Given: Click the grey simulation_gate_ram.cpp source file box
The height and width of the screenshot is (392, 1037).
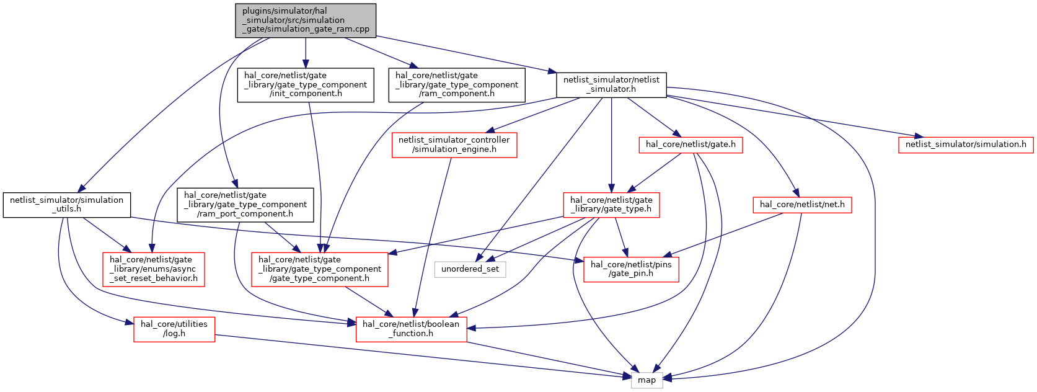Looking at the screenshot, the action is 306,20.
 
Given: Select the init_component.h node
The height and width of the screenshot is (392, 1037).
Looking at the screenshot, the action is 306,85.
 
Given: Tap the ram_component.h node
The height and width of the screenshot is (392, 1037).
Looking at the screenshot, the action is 457,85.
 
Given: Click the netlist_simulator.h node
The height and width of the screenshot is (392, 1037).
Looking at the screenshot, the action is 611,85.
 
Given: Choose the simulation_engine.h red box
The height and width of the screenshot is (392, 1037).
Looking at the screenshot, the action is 454,145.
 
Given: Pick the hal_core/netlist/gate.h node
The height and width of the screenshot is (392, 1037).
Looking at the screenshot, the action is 691,145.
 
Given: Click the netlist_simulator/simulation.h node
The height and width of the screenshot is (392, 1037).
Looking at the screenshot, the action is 966,145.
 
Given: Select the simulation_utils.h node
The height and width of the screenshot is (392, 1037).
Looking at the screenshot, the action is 67,205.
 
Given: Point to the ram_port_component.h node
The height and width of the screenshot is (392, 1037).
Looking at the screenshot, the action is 245,205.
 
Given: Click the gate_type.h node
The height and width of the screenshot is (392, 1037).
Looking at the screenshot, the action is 611,205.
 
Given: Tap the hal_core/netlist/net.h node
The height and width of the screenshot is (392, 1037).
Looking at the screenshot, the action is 802,205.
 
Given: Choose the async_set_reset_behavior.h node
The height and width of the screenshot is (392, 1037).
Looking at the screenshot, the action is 153,269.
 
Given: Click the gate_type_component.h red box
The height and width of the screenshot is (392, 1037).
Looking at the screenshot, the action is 320,269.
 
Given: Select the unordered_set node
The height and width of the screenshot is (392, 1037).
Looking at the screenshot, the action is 470,269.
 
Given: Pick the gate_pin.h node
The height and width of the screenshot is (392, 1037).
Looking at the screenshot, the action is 631,269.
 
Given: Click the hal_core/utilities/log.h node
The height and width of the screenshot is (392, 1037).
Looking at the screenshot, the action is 174,329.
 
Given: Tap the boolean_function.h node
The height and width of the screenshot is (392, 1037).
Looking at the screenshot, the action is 411,329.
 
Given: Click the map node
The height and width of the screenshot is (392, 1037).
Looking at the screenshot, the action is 646,380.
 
